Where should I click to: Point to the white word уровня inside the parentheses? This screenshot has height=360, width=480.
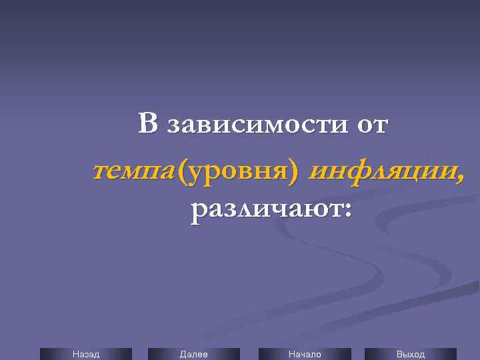(239, 173)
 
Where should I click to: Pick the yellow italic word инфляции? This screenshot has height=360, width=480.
(382, 172)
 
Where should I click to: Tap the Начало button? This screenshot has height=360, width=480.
(304, 354)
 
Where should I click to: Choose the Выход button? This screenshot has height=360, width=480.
(410, 354)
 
